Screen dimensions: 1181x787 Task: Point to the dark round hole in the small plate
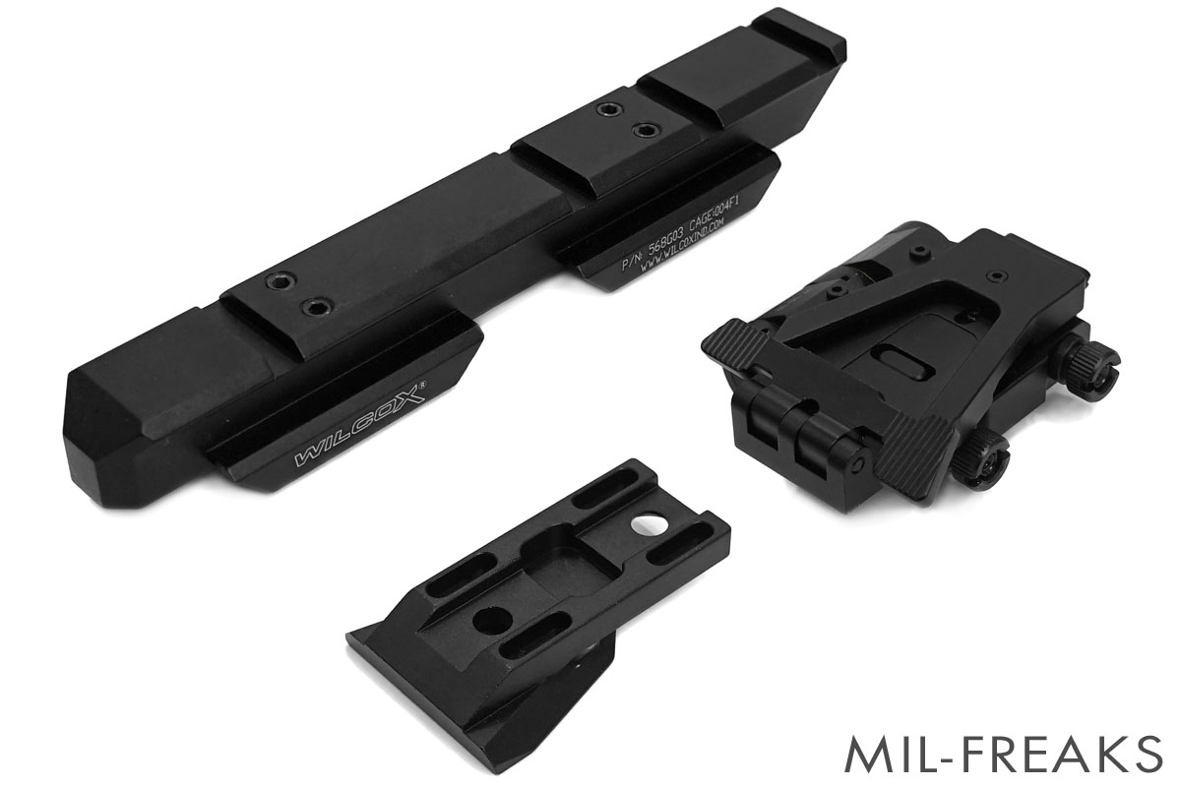(492, 621)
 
